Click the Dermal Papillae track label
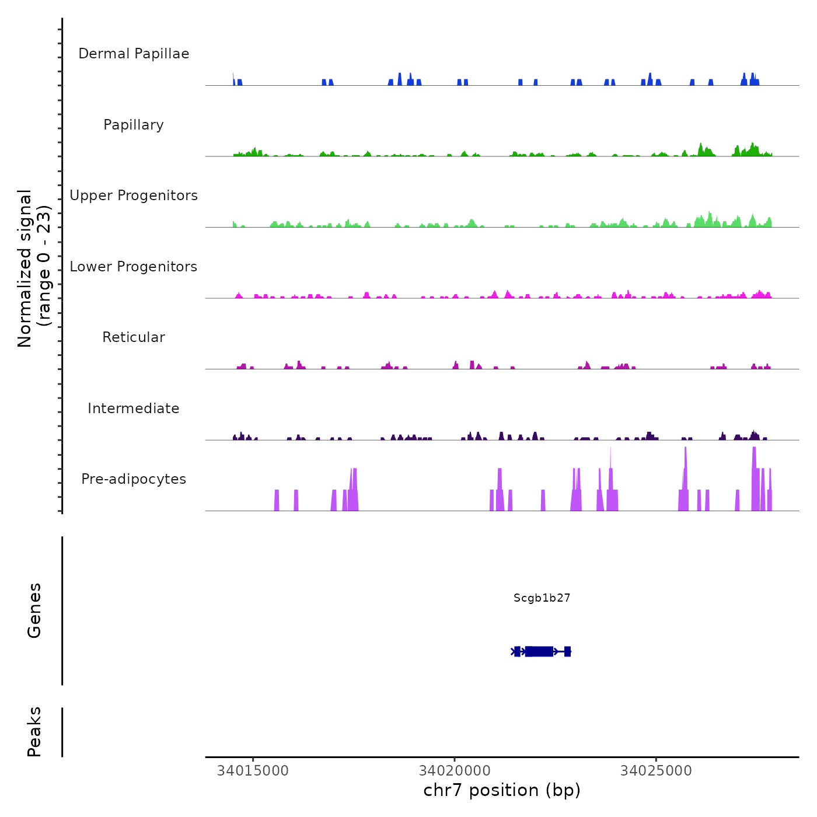pyautogui.click(x=134, y=54)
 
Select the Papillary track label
pyautogui.click(x=134, y=125)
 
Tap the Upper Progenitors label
pyautogui.click(x=134, y=195)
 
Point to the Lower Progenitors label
pyautogui.click(x=134, y=267)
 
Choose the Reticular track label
pyautogui.click(x=134, y=337)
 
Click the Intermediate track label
pyautogui.click(x=134, y=408)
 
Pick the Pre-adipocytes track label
pyautogui.click(x=134, y=479)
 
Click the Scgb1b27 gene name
pyautogui.click(x=542, y=598)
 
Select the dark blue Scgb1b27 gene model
pyautogui.click(x=539, y=651)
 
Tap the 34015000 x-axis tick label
pyautogui.click(x=253, y=771)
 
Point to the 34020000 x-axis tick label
pyautogui.click(x=455, y=771)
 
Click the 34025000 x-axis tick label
pyautogui.click(x=656, y=771)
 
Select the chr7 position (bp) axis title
pyautogui.click(x=502, y=790)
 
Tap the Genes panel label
pyautogui.click(x=34, y=610)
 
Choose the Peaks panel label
pyautogui.click(x=34, y=732)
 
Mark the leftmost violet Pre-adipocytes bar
pyautogui.click(x=277, y=501)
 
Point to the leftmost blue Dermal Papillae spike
pyautogui.click(x=233, y=79)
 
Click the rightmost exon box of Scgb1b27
pyautogui.click(x=567, y=651)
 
